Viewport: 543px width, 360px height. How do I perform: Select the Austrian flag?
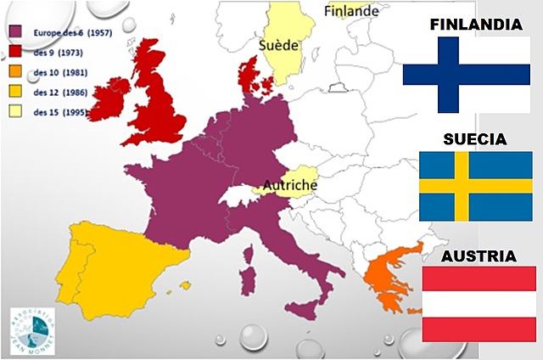click(x=479, y=303)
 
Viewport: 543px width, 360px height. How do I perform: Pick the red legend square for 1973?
click(x=14, y=50)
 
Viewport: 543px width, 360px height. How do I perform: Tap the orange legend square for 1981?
click(x=14, y=70)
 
